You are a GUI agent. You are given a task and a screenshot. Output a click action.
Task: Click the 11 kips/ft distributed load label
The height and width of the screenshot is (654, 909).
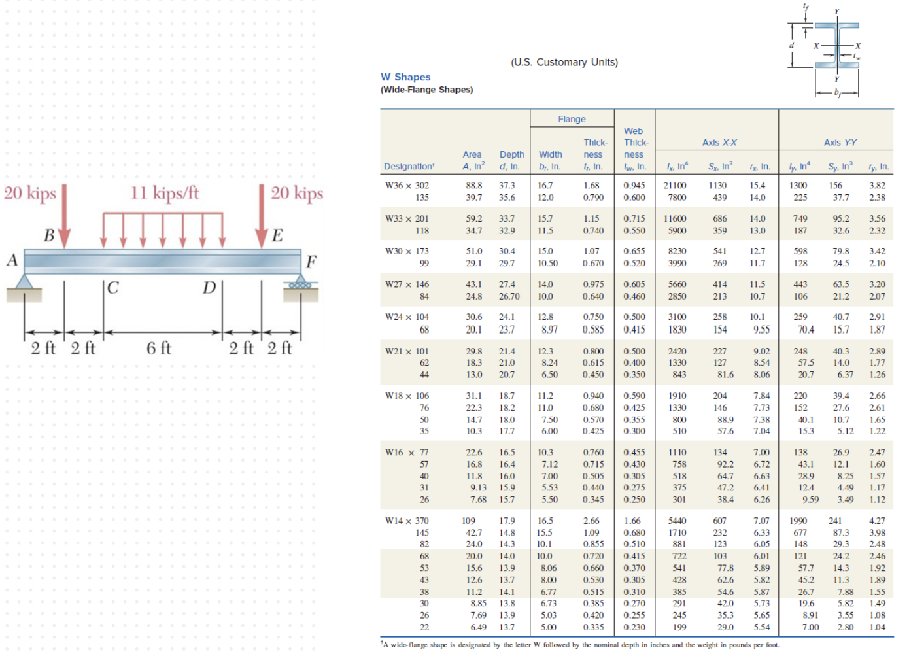pyautogui.click(x=165, y=193)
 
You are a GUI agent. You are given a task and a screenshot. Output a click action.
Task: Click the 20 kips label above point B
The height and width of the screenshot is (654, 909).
pyautogui.click(x=30, y=193)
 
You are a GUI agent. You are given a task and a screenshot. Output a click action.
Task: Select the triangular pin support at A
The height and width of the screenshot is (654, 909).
pyautogui.click(x=24, y=282)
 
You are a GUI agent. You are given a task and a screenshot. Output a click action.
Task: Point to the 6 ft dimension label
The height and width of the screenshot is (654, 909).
pyautogui.click(x=158, y=348)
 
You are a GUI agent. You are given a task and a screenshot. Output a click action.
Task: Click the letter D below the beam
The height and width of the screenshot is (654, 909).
pyautogui.click(x=209, y=288)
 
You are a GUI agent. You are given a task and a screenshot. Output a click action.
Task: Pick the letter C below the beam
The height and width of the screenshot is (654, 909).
pyautogui.click(x=113, y=288)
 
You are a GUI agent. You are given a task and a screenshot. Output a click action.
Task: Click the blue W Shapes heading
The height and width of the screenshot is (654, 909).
pyautogui.click(x=405, y=77)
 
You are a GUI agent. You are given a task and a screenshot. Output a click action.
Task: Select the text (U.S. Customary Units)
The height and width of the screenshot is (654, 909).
pyautogui.click(x=564, y=62)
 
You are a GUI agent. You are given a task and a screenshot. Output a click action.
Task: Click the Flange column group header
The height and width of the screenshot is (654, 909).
pyautogui.click(x=572, y=119)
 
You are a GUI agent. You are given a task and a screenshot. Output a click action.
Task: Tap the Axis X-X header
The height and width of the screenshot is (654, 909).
pyautogui.click(x=719, y=143)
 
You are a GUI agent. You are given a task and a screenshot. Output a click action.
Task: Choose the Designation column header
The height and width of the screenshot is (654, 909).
pyautogui.click(x=409, y=167)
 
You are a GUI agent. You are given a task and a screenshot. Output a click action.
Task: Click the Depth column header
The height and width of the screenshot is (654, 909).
pyautogui.click(x=511, y=155)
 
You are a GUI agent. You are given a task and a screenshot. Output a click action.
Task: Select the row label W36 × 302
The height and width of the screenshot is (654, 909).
pyautogui.click(x=407, y=186)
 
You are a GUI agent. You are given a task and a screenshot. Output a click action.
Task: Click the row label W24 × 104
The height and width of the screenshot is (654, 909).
pyautogui.click(x=407, y=317)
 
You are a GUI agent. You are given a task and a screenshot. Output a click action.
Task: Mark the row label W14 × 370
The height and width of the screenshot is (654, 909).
pyautogui.click(x=407, y=521)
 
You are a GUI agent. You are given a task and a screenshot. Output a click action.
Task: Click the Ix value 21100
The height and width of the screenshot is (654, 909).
pyautogui.click(x=675, y=186)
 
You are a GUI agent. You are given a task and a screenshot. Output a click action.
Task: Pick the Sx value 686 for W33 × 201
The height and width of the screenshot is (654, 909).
pyautogui.click(x=719, y=219)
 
